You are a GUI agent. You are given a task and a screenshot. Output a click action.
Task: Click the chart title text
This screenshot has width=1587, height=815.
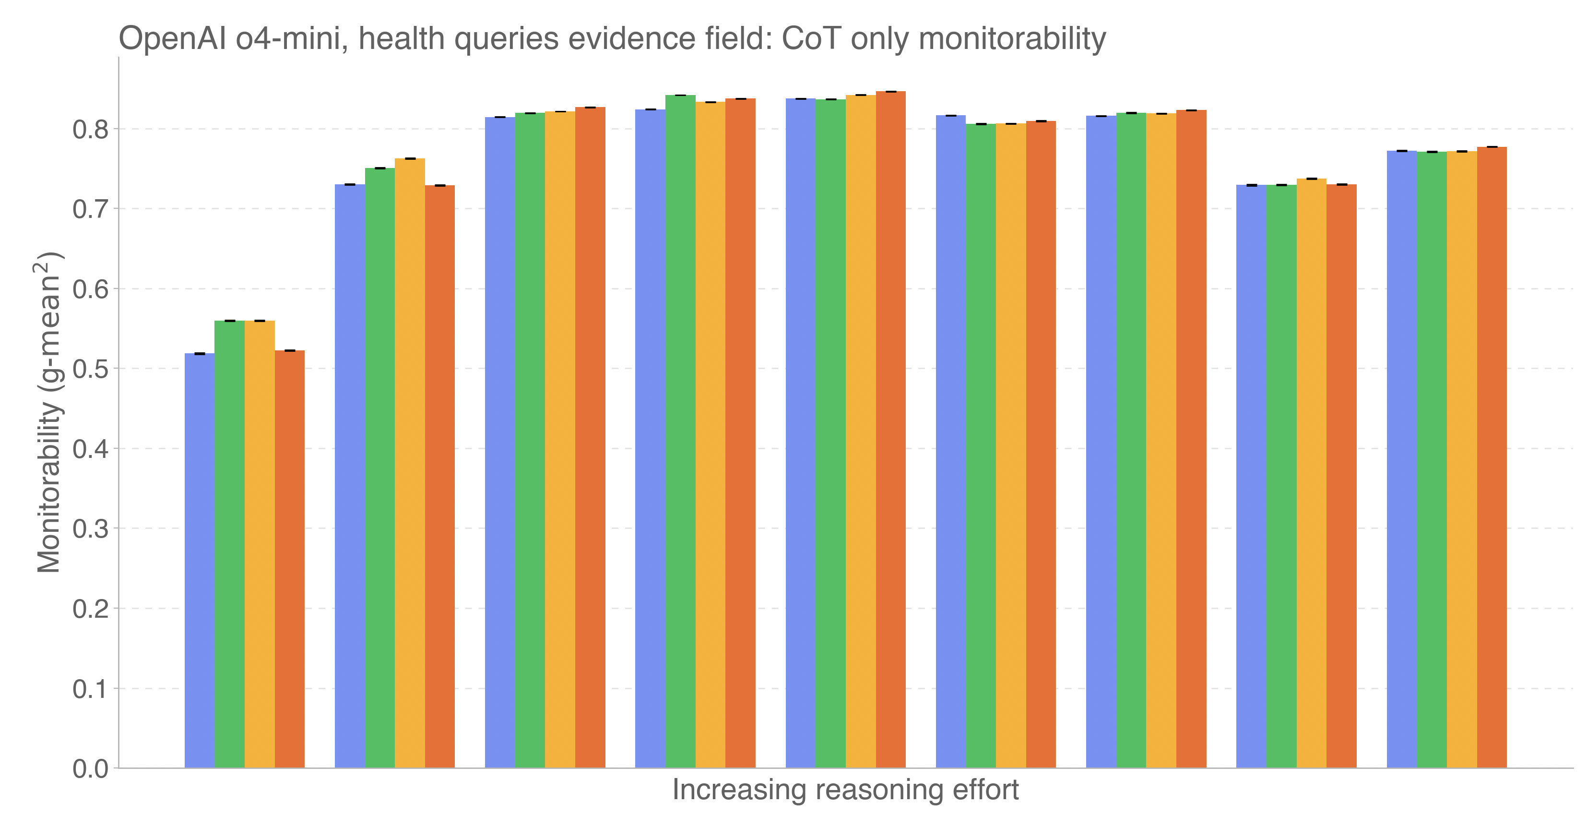pos(612,38)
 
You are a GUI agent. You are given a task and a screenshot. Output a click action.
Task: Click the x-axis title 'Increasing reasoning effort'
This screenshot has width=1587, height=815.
pos(845,790)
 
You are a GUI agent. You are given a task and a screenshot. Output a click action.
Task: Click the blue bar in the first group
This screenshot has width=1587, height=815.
pos(200,561)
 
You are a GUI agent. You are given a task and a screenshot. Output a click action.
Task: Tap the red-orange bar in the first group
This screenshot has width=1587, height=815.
pos(290,559)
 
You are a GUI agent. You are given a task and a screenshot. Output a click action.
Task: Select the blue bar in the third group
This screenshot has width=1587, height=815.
pos(499,442)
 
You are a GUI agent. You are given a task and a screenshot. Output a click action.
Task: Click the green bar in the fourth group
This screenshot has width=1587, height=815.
pos(680,431)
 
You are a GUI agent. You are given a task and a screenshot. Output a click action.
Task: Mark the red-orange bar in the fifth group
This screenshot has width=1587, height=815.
pos(891,430)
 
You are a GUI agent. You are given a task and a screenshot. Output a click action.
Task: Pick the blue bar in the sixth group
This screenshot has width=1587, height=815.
pos(950,442)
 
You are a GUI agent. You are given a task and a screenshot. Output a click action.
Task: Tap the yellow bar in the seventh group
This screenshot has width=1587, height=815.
pos(1161,441)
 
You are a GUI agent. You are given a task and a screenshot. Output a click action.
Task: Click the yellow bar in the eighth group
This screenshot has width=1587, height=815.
pos(1312,473)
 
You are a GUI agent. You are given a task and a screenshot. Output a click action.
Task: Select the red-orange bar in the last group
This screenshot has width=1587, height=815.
pos(1492,457)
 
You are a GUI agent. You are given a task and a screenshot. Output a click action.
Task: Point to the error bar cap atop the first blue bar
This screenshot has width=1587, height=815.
pos(200,354)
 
